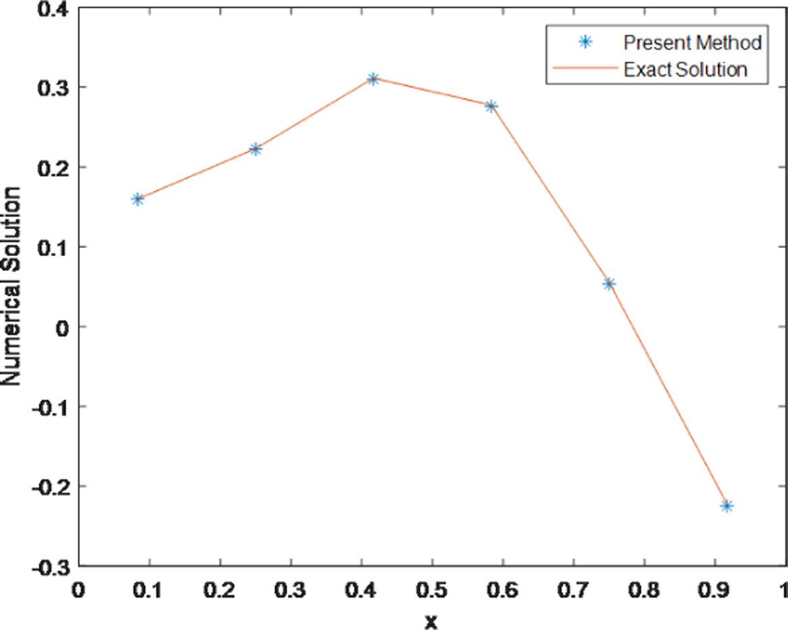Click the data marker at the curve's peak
pyautogui.click(x=373, y=79)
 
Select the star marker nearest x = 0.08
pyautogui.click(x=138, y=199)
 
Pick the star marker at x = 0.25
pyautogui.click(x=255, y=149)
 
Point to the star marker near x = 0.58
pyautogui.click(x=491, y=106)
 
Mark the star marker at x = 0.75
pyautogui.click(x=609, y=284)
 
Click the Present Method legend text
pyautogui.click(x=692, y=43)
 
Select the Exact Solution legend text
pyautogui.click(x=685, y=69)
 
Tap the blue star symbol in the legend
pyautogui.click(x=585, y=42)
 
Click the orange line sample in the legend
pyautogui.click(x=585, y=69)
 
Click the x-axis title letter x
pyautogui.click(x=431, y=621)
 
